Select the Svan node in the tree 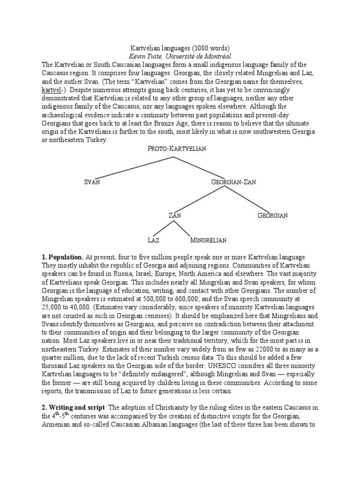point(92,182)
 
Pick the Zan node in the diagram point(174,216)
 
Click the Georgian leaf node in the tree point(272,216)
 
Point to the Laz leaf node point(153,240)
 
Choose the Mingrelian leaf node point(208,240)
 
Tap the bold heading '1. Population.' point(63,257)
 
